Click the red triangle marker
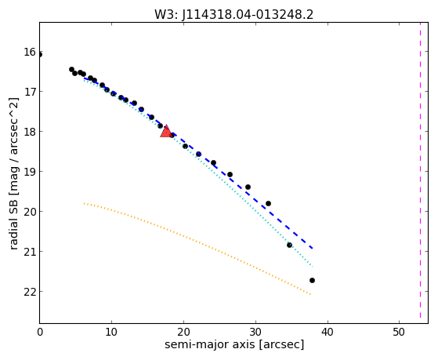[166, 131]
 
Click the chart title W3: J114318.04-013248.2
[233, 15]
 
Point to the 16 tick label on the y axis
[30, 52]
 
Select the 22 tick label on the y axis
[30, 292]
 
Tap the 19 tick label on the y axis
[30, 172]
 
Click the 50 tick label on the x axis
[399, 333]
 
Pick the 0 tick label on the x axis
[40, 333]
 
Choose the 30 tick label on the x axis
[255, 333]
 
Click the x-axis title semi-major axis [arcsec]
[234, 344]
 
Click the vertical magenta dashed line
[420, 170]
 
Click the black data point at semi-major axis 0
[40, 55]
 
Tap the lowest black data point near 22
[312, 280]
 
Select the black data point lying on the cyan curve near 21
[289, 245]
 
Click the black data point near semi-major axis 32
[268, 203]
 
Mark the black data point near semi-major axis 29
[248, 187]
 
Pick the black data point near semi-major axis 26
[230, 175]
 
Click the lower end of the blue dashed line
[313, 248]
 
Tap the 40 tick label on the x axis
[327, 333]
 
